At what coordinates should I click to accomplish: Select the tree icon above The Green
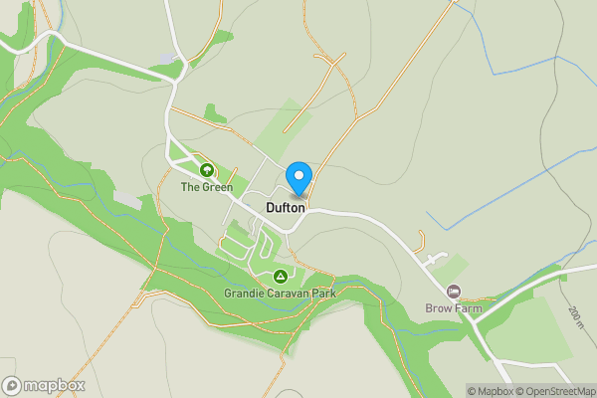[x=207, y=170]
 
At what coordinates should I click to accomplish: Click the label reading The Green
[x=207, y=187]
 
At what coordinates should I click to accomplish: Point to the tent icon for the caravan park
[x=281, y=276]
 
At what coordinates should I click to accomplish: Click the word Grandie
[x=243, y=294]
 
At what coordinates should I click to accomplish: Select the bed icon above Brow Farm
[x=454, y=292]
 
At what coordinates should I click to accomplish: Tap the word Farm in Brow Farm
[x=470, y=308]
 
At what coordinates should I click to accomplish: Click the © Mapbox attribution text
[x=490, y=391]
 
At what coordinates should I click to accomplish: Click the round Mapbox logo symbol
[x=13, y=385]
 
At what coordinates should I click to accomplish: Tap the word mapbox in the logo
[x=55, y=385]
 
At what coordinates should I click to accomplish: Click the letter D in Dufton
[x=271, y=209]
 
